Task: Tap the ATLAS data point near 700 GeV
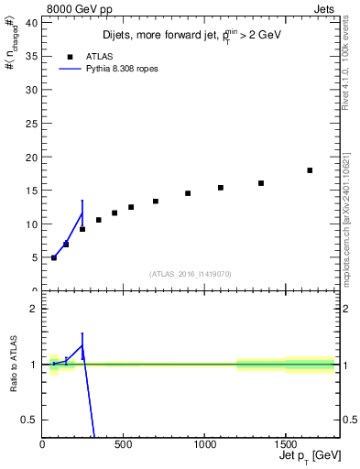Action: [x=156, y=202]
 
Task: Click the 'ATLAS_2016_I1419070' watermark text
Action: [x=191, y=273]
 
